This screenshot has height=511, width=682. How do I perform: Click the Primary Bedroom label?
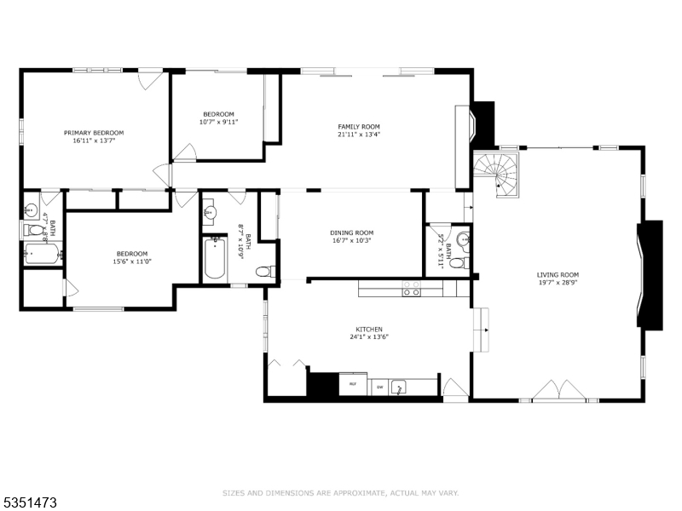94,132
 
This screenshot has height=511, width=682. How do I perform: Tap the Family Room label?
359,127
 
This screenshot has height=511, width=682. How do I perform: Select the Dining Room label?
352,233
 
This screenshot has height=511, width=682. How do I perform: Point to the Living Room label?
558,275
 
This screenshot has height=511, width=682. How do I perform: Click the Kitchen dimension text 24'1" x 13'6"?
369,336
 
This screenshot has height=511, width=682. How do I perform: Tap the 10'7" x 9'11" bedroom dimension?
218,122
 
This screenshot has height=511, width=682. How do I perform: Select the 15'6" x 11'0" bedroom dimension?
132,261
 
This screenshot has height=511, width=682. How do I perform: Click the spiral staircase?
498,173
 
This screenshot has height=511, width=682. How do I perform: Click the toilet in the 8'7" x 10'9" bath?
264,272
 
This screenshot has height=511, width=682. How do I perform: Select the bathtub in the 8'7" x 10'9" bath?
213,260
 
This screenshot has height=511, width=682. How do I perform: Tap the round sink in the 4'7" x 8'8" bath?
31,207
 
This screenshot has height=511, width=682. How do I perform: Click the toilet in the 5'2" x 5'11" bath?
458,263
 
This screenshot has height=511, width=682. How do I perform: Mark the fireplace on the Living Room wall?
650,274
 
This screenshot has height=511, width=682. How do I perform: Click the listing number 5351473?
29,502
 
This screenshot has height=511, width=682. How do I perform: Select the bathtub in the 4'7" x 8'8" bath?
40,255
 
